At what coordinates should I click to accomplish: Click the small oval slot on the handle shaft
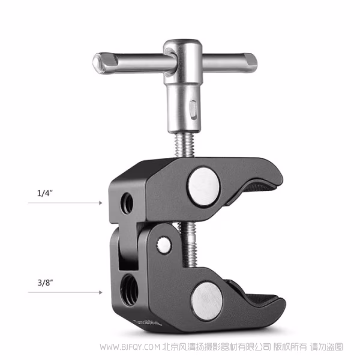point(191,110)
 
